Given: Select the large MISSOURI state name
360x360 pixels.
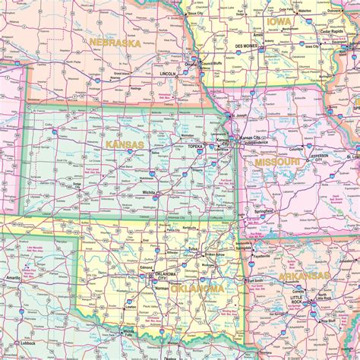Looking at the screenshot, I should (x=276, y=163).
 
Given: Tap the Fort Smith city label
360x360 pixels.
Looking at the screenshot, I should (x=255, y=281).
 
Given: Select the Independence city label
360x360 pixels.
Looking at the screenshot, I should (x=254, y=142).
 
